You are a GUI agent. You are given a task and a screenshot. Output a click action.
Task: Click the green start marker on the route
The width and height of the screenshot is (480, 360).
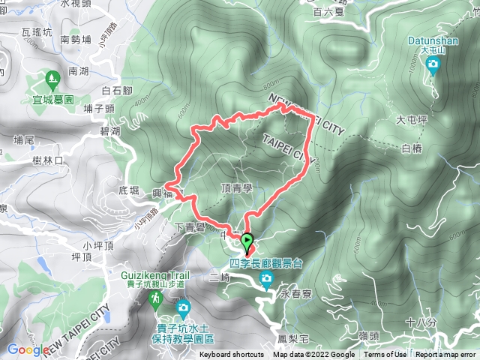[248, 240]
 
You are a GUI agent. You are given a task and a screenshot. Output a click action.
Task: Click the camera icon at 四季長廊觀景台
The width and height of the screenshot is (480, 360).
[266, 280]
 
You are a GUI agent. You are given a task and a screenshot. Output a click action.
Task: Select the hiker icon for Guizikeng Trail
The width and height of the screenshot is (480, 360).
[155, 298]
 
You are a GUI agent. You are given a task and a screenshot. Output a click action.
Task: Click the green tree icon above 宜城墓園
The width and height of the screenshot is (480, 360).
[51, 77]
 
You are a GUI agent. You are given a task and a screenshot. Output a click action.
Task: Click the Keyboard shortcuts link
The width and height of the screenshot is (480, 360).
[232, 355]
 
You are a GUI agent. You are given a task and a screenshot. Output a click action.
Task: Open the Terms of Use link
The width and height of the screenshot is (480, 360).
[385, 355]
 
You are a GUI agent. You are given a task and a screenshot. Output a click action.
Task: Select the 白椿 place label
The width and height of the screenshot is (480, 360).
[412, 148]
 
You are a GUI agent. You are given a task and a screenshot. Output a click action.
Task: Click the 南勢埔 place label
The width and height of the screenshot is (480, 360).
[75, 39]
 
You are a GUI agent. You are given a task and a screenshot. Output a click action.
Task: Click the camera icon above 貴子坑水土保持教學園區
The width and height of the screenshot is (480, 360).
[183, 307]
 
